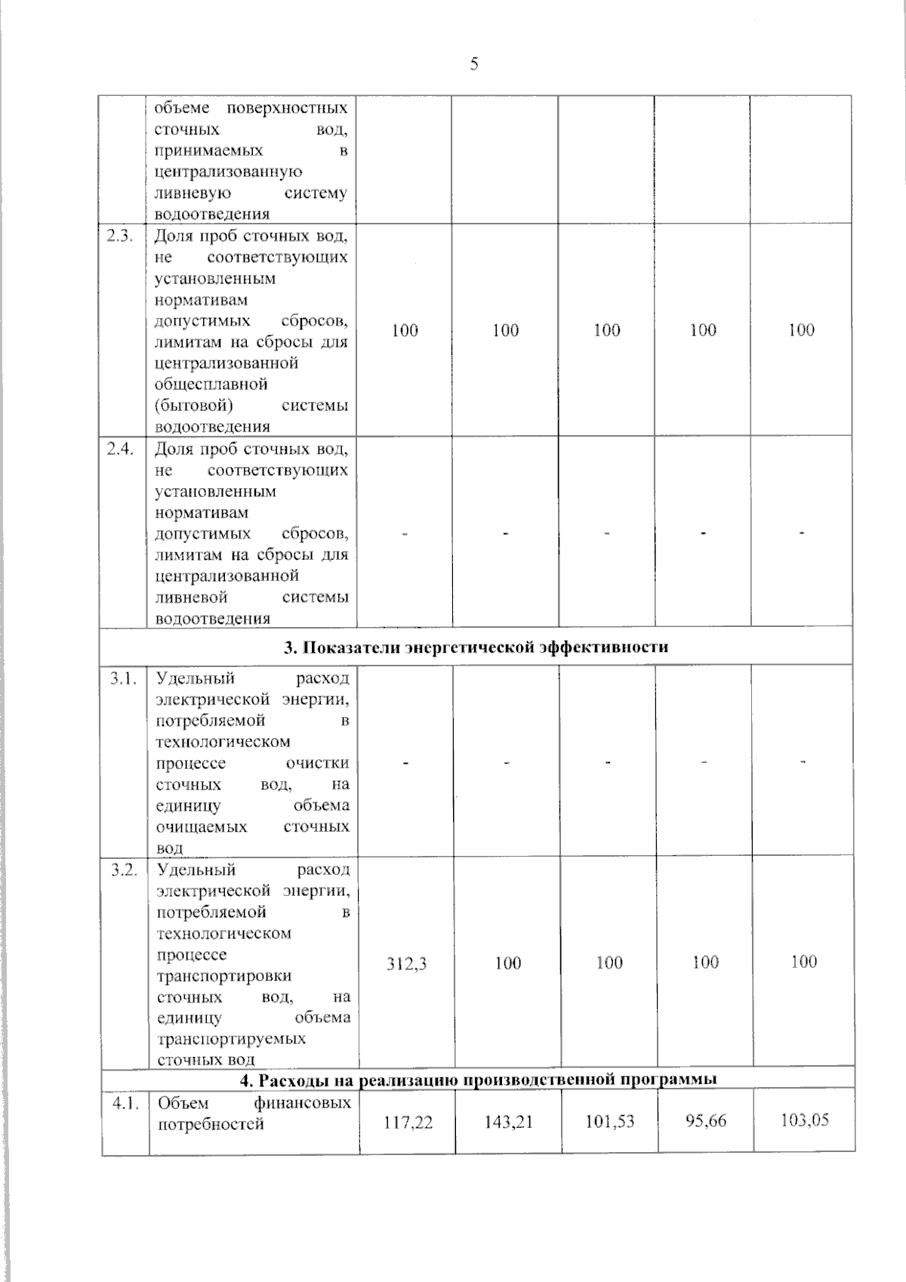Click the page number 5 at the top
[x=474, y=64]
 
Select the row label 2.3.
[x=121, y=236]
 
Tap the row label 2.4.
[x=121, y=449]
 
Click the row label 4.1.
[x=125, y=1104]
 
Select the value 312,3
[x=407, y=963]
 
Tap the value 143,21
[x=508, y=1122]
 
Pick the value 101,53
[x=609, y=1121]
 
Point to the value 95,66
[x=706, y=1120]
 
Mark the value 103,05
[x=804, y=1120]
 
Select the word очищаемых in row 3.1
[x=202, y=826]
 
